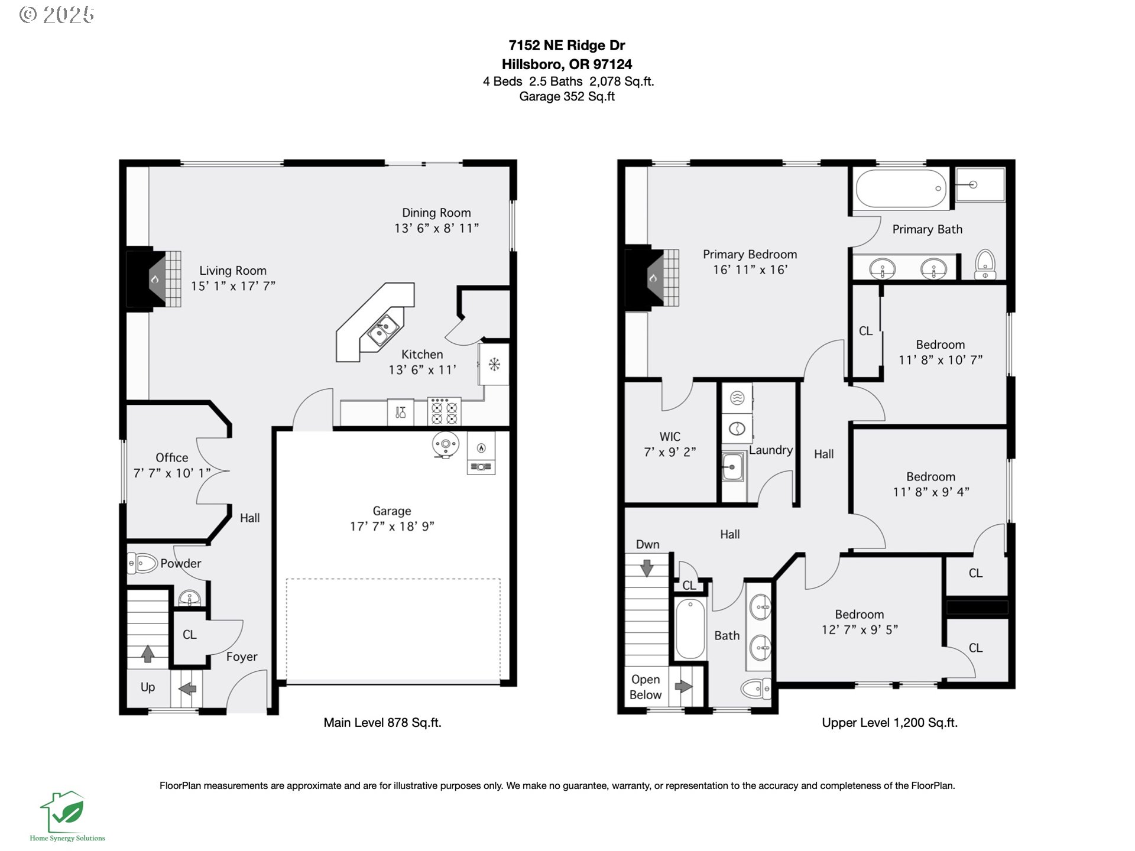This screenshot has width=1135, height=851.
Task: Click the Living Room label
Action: pyautogui.click(x=233, y=271)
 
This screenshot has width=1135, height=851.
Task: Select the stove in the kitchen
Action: pyautogui.click(x=445, y=411)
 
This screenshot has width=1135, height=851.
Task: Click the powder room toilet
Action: pyautogui.click(x=142, y=563)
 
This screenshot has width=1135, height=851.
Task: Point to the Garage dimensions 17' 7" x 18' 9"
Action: pyautogui.click(x=392, y=526)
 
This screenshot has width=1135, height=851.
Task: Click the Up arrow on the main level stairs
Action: pyautogui.click(x=148, y=653)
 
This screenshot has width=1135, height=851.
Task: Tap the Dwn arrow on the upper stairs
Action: pyautogui.click(x=647, y=567)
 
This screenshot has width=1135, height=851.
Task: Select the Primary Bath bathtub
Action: pyautogui.click(x=901, y=189)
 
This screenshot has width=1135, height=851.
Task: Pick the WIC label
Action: pyautogui.click(x=670, y=437)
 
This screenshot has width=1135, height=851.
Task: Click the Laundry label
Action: pyautogui.click(x=771, y=450)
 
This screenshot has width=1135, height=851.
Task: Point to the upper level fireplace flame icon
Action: pyautogui.click(x=653, y=278)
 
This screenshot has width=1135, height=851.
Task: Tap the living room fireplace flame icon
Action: pyautogui.click(x=154, y=279)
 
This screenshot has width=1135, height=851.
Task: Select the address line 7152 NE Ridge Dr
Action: pyautogui.click(x=567, y=46)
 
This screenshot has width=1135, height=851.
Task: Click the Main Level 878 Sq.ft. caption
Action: pyautogui.click(x=382, y=722)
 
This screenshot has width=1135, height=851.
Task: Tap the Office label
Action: pyautogui.click(x=172, y=457)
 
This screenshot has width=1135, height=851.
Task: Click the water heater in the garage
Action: pyautogui.click(x=445, y=445)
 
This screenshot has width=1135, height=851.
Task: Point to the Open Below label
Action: pyautogui.click(x=646, y=687)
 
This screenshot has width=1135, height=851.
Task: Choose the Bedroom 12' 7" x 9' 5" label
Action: pyautogui.click(x=860, y=622)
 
